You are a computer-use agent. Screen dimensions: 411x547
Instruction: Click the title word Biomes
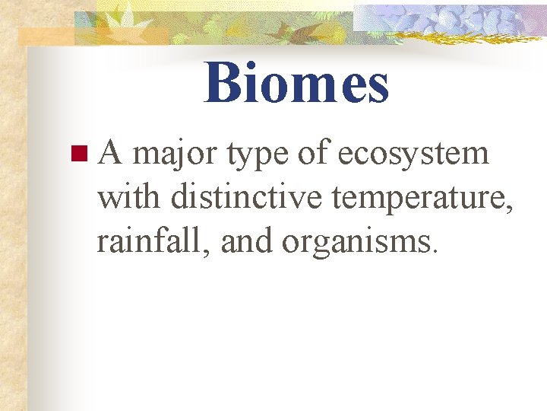[296, 83]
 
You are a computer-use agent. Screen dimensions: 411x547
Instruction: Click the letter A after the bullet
[111, 154]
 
